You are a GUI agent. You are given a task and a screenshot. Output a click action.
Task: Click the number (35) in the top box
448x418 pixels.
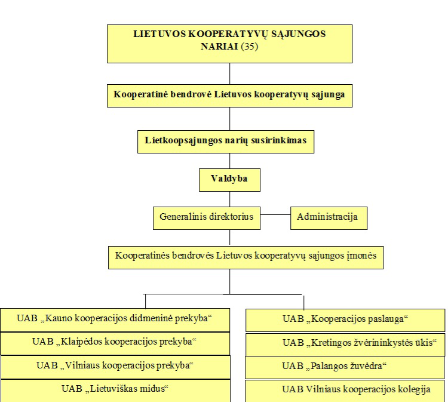(x=250, y=47)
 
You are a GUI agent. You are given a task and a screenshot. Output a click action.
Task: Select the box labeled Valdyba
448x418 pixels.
(x=229, y=180)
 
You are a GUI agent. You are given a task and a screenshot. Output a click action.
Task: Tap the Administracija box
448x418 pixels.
(x=329, y=218)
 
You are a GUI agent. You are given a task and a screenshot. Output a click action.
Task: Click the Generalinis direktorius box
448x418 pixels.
(x=207, y=218)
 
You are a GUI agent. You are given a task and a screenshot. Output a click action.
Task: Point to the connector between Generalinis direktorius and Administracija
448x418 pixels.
(x=275, y=214)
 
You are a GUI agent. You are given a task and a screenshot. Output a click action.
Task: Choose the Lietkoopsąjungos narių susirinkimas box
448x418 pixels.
(x=226, y=142)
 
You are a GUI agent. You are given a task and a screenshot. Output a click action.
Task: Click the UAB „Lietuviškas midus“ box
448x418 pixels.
(x=115, y=391)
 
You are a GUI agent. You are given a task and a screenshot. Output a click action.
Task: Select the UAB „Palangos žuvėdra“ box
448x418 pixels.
(x=345, y=367)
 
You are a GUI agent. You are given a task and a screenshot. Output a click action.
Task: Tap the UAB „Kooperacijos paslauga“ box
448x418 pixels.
(x=345, y=320)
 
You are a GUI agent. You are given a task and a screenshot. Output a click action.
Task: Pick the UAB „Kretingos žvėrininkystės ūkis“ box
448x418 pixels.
(x=345, y=345)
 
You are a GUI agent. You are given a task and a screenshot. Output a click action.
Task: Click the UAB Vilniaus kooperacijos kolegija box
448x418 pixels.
(x=345, y=391)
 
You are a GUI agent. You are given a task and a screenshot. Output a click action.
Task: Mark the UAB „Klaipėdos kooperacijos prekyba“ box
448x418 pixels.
(x=115, y=343)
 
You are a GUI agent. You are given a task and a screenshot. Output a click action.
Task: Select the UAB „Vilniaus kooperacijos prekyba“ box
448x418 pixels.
(x=115, y=367)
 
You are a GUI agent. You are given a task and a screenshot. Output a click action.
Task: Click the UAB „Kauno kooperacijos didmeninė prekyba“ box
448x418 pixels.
(x=115, y=320)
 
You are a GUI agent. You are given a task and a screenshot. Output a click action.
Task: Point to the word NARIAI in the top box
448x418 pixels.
(x=219, y=47)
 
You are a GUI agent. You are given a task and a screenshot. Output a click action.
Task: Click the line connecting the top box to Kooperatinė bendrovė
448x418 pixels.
(x=230, y=73)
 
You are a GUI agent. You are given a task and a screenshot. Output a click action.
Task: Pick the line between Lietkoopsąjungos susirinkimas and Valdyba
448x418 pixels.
(x=230, y=161)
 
